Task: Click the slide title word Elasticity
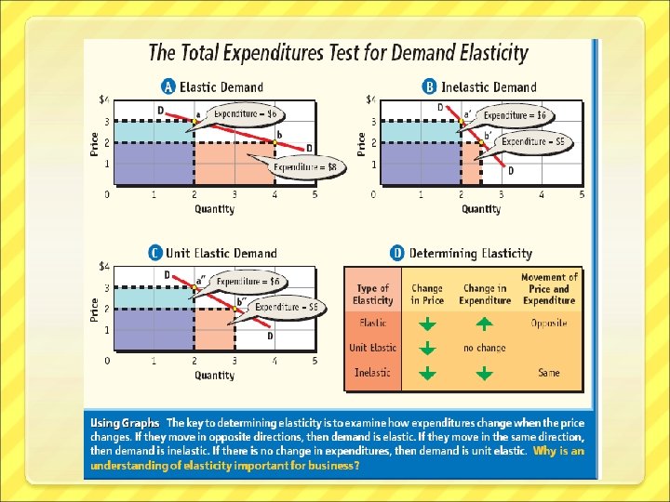pos(483,53)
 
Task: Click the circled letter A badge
pos(168,87)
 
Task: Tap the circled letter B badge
pos(430,87)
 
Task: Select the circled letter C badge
pos(155,253)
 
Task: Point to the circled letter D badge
pos(397,253)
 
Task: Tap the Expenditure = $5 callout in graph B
pos(532,142)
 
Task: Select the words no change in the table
pos(485,348)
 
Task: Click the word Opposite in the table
pos(549,324)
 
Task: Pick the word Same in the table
pos(549,373)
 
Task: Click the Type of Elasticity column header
pos(372,295)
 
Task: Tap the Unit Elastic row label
pos(372,348)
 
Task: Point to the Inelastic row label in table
pos(372,373)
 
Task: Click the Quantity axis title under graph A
pos(215,209)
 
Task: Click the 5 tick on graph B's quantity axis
pos(582,195)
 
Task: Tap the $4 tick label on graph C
pos(104,267)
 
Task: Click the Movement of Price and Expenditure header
pos(549,289)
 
